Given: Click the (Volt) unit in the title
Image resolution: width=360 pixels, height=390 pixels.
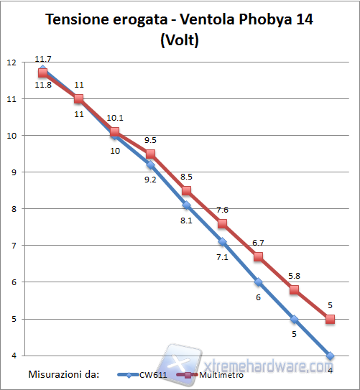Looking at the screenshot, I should tap(179, 40).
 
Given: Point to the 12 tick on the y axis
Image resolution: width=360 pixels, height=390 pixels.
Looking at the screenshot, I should tap(11, 62).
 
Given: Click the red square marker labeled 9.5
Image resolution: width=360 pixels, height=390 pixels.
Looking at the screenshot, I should tap(150, 154).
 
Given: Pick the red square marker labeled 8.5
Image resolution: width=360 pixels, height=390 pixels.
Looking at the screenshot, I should tap(186, 190).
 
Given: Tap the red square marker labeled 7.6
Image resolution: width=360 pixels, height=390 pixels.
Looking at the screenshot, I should tap(222, 223).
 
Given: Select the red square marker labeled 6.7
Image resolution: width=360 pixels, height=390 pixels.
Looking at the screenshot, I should tap(258, 256).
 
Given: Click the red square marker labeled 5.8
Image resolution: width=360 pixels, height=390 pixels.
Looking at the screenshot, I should tap(294, 289).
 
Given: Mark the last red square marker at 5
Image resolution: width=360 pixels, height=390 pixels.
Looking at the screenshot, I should tap(330, 319).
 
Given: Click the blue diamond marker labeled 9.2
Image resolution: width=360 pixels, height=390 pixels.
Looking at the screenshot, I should tap(150, 164).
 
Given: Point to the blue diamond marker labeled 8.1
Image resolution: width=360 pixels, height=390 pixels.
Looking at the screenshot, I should tap(186, 205).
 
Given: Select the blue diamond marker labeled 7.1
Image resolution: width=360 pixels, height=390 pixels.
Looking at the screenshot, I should tap(222, 241).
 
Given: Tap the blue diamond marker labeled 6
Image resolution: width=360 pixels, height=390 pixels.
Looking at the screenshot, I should tap(258, 282).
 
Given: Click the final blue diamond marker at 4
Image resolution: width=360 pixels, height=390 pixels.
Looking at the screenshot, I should tap(330, 356).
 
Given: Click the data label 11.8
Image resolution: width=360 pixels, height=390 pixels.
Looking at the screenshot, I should tap(42, 85).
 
